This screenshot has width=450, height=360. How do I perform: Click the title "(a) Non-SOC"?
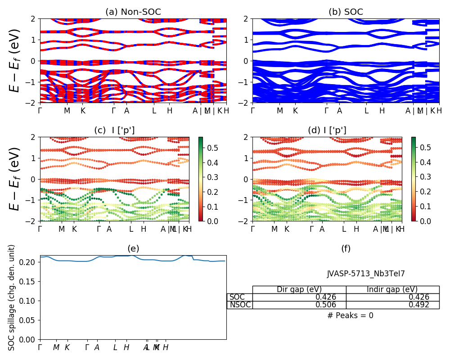[x=133, y=12]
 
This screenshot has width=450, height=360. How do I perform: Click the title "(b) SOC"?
[x=346, y=12]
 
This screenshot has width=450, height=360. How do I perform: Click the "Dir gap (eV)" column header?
[x=299, y=289]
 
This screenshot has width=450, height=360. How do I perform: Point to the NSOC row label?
[x=240, y=305]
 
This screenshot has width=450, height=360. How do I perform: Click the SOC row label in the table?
[x=237, y=297]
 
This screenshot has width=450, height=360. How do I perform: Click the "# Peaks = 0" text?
[x=350, y=315]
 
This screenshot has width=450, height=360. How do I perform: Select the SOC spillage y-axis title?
[x=12, y=297]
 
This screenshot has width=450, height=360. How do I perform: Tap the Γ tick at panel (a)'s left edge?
[x=40, y=111]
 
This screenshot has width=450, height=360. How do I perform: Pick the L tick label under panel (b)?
[x=366, y=111]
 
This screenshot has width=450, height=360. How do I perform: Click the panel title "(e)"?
[x=133, y=248]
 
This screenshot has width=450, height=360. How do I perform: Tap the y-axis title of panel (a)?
[x=15, y=60]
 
